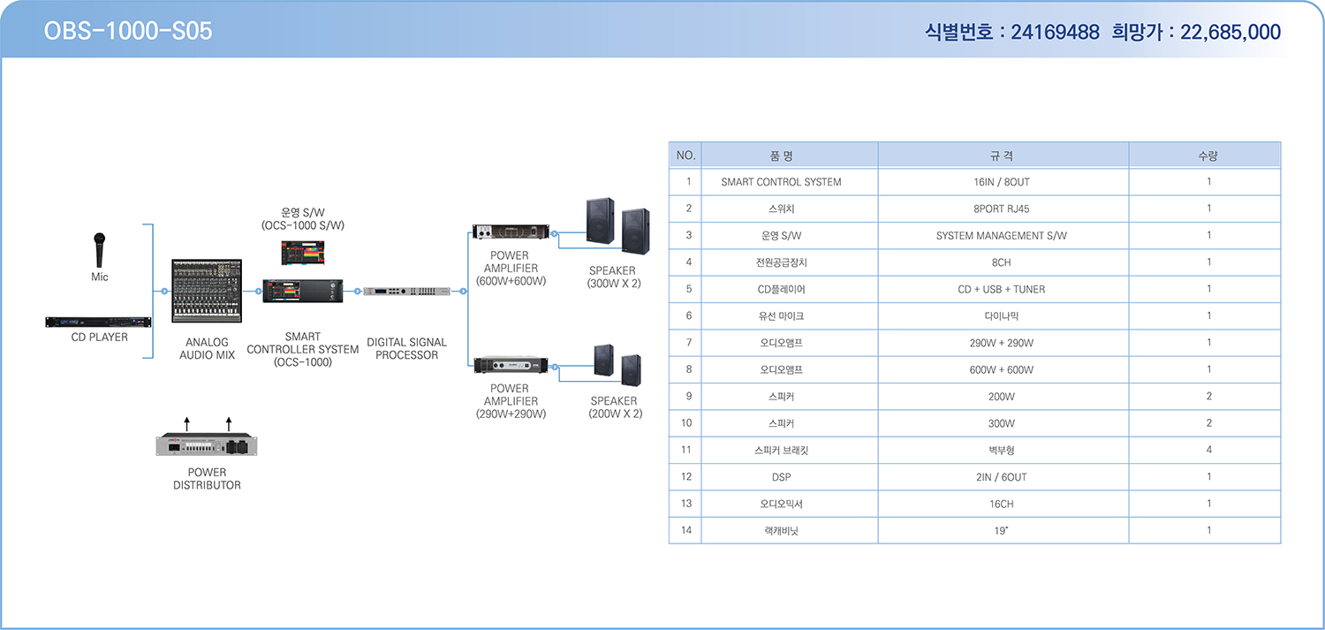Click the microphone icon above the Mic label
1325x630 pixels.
[x=99, y=250]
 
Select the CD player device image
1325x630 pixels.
[x=98, y=322]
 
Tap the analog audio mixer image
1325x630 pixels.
[x=207, y=291]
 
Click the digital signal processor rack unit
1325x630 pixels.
[x=406, y=291]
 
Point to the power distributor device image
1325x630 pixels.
[x=207, y=445]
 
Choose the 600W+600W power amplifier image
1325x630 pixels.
[x=511, y=232]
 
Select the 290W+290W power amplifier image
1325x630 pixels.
[x=511, y=365]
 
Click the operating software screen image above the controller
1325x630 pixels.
[x=302, y=253]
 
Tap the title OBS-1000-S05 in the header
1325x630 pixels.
[x=128, y=31]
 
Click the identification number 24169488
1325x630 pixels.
[x=1055, y=32]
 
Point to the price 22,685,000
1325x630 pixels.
[x=1230, y=32]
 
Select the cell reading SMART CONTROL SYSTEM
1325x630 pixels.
[x=781, y=182]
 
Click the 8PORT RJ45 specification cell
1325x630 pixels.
[x=1002, y=209]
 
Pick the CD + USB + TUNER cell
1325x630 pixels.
[x=1002, y=289]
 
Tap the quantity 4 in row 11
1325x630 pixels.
[x=1209, y=450]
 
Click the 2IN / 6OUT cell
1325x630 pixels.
[x=1002, y=477]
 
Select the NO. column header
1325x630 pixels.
[x=685, y=156]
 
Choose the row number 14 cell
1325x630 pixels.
[x=686, y=530]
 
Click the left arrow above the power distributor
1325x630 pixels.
[x=187, y=423]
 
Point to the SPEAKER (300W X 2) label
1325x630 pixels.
[x=613, y=277]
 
